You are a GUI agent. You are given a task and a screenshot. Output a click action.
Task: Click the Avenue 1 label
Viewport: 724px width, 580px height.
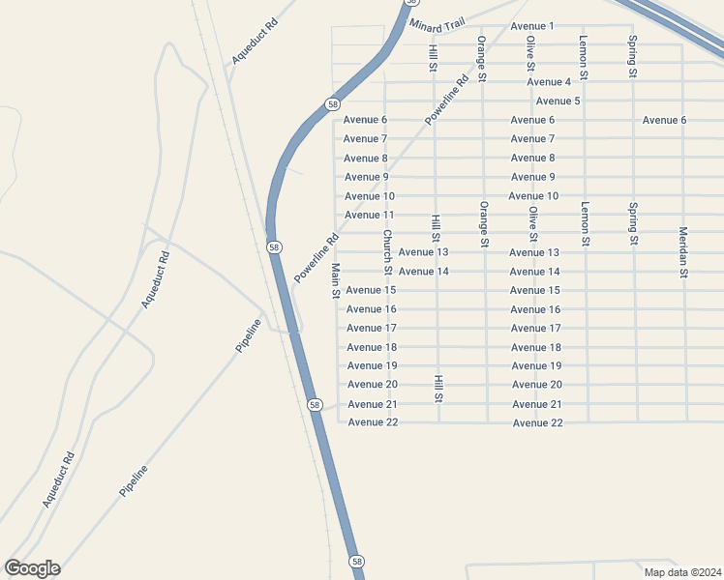coord(531,26)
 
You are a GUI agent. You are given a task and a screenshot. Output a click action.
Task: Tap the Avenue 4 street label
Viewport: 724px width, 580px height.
coord(549,82)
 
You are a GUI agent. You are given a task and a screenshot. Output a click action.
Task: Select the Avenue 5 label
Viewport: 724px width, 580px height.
coord(558,101)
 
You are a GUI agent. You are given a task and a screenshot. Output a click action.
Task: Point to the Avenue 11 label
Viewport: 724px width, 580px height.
coord(369,215)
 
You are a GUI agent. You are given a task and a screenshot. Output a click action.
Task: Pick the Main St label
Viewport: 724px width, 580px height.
coord(336,280)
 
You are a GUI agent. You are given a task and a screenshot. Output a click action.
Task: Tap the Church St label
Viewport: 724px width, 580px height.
coord(386,250)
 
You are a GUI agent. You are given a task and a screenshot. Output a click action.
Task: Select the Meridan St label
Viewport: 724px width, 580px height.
coord(683,252)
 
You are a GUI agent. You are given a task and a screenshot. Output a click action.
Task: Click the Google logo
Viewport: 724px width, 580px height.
coord(32,568)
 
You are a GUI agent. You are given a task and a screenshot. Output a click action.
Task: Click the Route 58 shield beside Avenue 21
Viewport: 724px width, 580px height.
coord(315,404)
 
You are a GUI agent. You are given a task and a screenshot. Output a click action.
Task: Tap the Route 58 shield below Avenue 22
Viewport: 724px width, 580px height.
coord(357,562)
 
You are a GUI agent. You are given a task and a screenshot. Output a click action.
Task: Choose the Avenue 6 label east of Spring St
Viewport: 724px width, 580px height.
coord(664,120)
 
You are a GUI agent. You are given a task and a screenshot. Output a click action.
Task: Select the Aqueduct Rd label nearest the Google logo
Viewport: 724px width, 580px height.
coord(58,481)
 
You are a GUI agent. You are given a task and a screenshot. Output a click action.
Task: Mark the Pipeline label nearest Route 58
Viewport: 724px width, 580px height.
coord(249,334)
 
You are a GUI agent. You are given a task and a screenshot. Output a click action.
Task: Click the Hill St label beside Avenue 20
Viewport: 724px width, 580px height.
coord(438,389)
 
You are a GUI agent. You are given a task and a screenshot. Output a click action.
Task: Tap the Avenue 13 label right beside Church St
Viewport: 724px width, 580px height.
coord(423,252)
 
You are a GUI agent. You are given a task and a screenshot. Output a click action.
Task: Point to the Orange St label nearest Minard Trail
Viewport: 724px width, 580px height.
coord(481,58)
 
